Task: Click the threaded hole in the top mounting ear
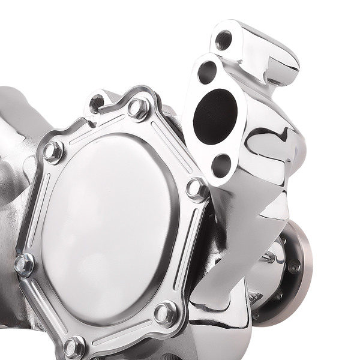224,40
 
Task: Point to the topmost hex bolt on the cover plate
139,109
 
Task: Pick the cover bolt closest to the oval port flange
196,189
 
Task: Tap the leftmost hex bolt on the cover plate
25,265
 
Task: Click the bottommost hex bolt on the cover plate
74,346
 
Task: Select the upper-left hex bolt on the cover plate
53,151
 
